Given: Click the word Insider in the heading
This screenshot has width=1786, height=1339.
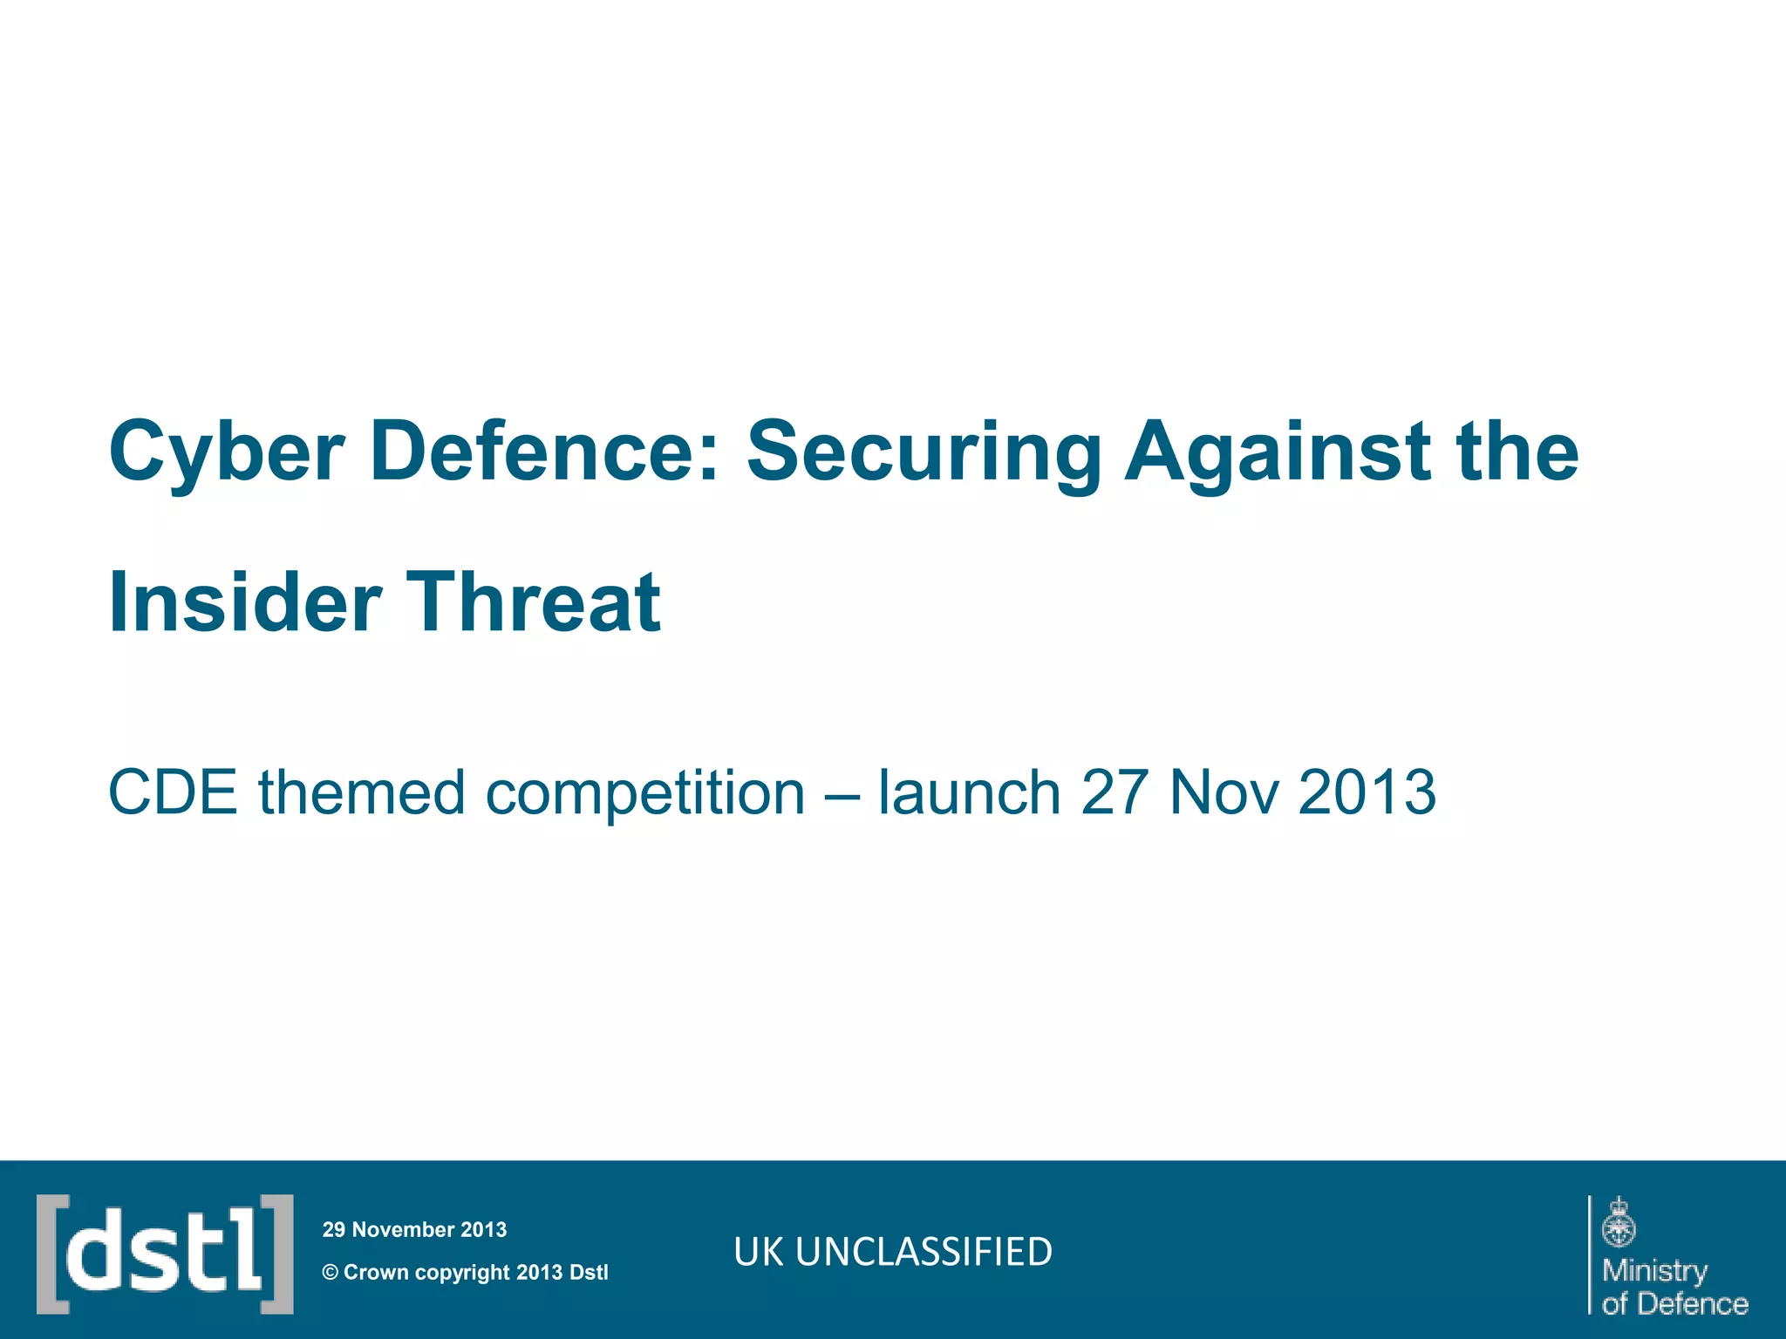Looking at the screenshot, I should (x=245, y=602).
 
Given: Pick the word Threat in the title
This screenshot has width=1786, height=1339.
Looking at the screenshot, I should (x=534, y=602).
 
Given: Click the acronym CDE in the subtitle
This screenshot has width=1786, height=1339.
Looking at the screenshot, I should (x=173, y=792).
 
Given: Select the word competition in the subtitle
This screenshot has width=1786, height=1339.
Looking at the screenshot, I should (x=645, y=792).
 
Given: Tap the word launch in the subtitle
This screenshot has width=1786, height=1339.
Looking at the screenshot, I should (x=969, y=792).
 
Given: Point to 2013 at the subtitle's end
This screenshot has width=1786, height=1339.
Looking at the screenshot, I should (x=1367, y=792).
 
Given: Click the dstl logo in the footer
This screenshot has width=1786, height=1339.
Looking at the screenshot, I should (x=165, y=1254).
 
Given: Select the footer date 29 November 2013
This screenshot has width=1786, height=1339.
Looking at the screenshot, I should (x=414, y=1229).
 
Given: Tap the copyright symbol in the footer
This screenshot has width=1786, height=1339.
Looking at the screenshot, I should (x=330, y=1273).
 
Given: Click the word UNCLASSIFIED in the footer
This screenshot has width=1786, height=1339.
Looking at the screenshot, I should (x=924, y=1252).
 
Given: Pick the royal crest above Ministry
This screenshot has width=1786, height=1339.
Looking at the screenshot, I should (x=1619, y=1222).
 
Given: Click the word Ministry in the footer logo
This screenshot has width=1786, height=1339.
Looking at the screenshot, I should (x=1654, y=1270).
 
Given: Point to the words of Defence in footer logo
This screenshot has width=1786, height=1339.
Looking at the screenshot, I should (x=1674, y=1304).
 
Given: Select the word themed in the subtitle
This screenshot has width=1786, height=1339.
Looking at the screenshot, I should (x=361, y=792).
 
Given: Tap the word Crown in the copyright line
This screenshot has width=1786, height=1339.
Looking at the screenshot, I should (x=376, y=1273).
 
